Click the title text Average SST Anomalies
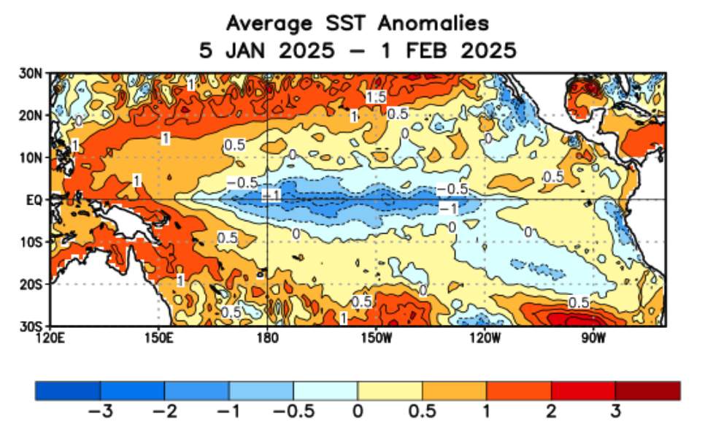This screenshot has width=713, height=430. click(x=357, y=23)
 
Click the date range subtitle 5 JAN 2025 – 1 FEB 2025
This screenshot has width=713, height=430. click(x=357, y=50)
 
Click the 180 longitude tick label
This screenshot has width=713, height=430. click(x=267, y=337)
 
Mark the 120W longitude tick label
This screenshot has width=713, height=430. click(x=485, y=337)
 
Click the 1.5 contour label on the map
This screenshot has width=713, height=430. click(x=377, y=97)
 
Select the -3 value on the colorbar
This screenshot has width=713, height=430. click(x=99, y=412)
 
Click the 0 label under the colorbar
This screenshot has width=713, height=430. click(x=358, y=412)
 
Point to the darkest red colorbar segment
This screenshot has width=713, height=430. click(x=647, y=391)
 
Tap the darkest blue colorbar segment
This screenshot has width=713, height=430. click(x=68, y=391)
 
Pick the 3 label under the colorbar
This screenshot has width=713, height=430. click(x=615, y=412)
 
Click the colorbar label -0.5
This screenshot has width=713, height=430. click(x=293, y=412)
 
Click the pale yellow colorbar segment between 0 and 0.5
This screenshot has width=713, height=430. click(x=390, y=391)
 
